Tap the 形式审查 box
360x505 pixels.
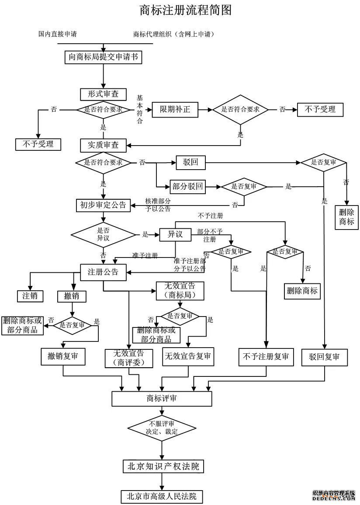pyautogui.click(x=103, y=94)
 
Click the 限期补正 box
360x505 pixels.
pyautogui.click(x=175, y=110)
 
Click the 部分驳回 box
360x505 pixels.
pyautogui.click(x=187, y=187)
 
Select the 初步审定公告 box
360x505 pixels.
pyautogui.click(x=103, y=205)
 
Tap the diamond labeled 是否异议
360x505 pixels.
pyautogui.click(x=103, y=235)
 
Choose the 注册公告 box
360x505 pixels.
pyautogui.click(x=103, y=272)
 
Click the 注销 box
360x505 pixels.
pyautogui.click(x=30, y=296)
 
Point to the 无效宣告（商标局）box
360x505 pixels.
pyautogui.click(x=180, y=291)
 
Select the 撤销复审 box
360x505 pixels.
pyautogui.click(x=63, y=357)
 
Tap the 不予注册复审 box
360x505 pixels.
pyautogui.click(x=266, y=357)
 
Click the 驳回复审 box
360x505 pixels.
pyautogui.click(x=324, y=357)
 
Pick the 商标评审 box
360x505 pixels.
pyautogui.click(x=162, y=398)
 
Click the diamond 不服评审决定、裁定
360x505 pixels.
pyautogui.click(x=162, y=428)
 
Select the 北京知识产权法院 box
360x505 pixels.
pyautogui.click(x=163, y=467)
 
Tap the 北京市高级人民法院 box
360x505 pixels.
pyautogui.click(x=162, y=496)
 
